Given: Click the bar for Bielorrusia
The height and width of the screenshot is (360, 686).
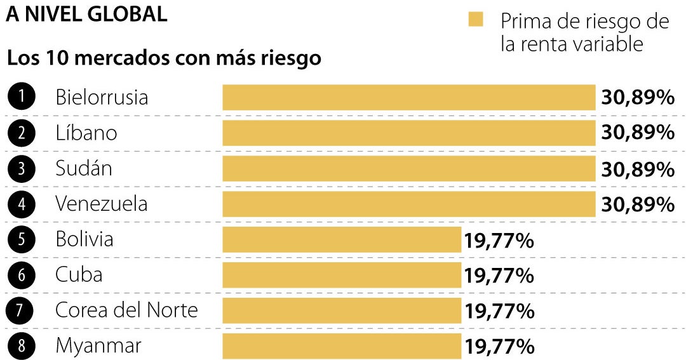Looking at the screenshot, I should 408,98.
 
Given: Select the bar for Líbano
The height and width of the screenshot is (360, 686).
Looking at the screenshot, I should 408,133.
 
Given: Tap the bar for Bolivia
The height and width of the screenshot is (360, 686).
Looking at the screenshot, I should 342,240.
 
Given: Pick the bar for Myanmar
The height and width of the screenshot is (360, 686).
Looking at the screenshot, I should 342,347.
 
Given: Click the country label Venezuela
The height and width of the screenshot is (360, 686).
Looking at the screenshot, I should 102,204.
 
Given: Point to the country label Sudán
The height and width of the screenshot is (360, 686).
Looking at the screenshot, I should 84,168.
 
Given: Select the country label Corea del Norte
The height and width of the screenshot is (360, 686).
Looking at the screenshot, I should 127,310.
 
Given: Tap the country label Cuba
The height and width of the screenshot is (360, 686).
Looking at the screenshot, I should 79,275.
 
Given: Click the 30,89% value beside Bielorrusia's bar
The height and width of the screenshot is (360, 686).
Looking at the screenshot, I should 637,98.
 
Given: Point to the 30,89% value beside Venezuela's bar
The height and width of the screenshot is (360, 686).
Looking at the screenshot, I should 637,204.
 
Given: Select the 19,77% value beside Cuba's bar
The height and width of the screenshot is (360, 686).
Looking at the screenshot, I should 499,276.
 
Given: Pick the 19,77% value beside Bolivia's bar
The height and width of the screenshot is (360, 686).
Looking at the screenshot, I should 499,240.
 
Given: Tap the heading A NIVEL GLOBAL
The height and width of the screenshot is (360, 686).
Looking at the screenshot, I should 86,14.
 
